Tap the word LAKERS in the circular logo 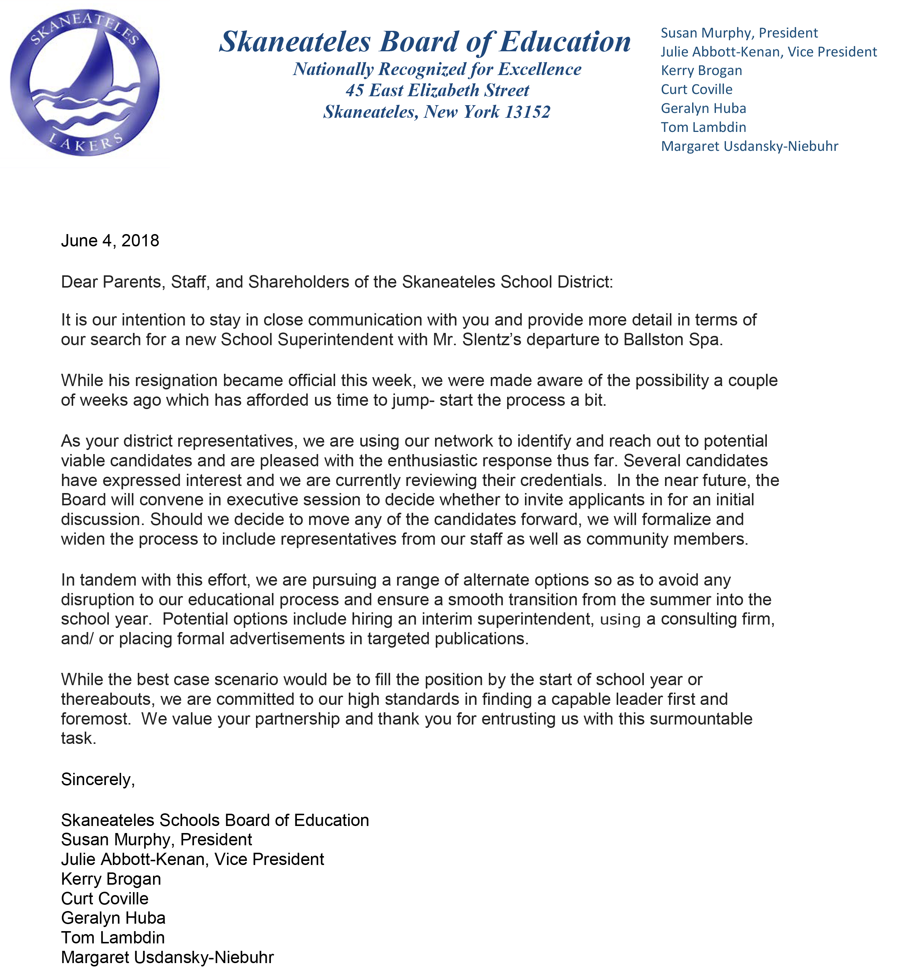click(x=85, y=143)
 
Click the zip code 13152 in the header click(x=527, y=112)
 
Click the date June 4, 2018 click(x=110, y=240)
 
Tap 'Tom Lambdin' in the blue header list click(x=703, y=127)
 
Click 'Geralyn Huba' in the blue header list click(x=703, y=108)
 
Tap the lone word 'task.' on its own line click(x=78, y=738)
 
